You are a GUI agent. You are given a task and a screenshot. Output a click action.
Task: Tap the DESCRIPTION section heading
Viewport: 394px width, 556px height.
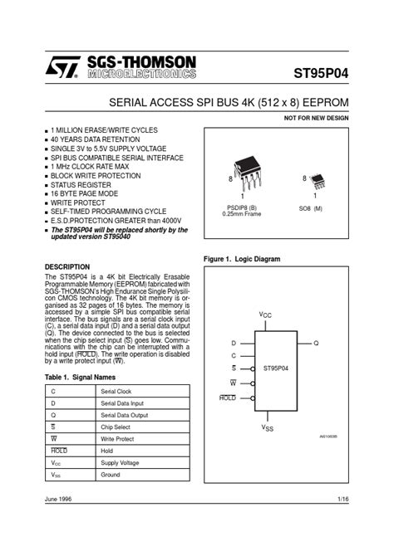point(66,266)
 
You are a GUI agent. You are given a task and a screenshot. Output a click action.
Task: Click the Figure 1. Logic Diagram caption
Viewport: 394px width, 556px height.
point(242,259)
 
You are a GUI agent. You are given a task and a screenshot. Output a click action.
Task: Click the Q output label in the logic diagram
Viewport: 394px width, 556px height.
point(316,342)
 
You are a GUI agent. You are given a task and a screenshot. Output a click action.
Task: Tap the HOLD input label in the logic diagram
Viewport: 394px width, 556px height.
point(228,398)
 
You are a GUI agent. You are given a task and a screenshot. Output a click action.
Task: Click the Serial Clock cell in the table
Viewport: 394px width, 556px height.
point(116,391)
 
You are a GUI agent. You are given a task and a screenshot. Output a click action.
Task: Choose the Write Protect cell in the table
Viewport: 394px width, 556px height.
point(117,438)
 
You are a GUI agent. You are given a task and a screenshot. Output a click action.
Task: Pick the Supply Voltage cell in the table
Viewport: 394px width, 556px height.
point(121,462)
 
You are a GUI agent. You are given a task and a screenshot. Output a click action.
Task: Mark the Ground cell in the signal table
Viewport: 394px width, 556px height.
point(110,475)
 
